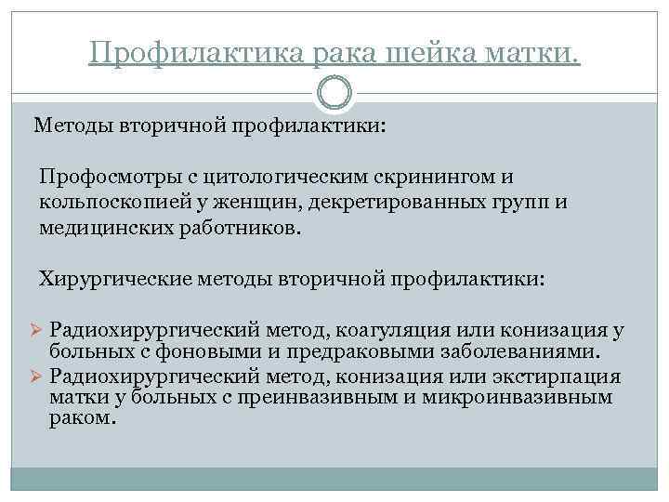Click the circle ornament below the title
pos(334,95)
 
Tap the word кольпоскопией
pos(105,202)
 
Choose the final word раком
pos(83,418)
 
